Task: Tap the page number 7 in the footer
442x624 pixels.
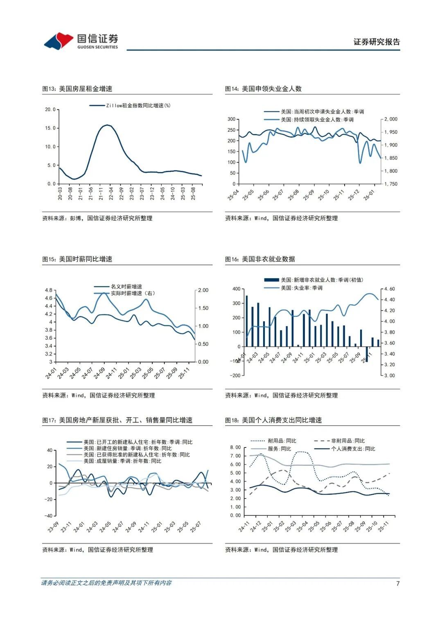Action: [397, 583]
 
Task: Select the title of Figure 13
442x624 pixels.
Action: [77, 89]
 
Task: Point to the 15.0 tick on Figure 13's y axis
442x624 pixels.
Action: [50, 128]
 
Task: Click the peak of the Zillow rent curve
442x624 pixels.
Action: [107, 125]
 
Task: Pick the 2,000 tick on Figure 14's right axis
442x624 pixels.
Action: [390, 119]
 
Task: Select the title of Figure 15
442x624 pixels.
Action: [77, 259]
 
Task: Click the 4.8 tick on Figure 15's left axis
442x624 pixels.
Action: [49, 290]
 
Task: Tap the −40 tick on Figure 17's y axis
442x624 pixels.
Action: [49, 516]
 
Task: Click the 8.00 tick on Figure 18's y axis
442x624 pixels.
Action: [235, 447]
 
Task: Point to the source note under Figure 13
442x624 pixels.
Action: [97, 218]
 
